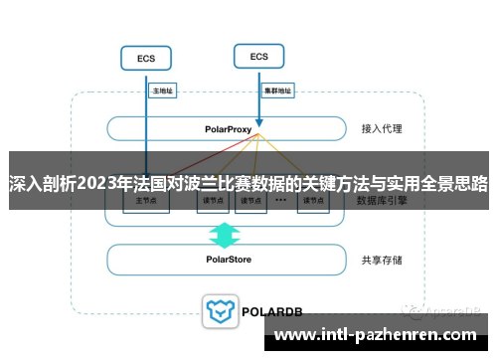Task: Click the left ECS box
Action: coord(145,59)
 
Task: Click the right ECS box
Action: coord(258,56)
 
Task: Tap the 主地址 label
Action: coord(162,90)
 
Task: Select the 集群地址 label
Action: coord(277,90)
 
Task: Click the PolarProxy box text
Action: coord(229,128)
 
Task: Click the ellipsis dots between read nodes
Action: coord(280,200)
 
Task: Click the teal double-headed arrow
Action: coord(225,236)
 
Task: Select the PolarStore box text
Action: coord(229,261)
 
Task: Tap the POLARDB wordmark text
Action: coord(269,310)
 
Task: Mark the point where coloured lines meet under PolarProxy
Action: coord(258,136)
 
